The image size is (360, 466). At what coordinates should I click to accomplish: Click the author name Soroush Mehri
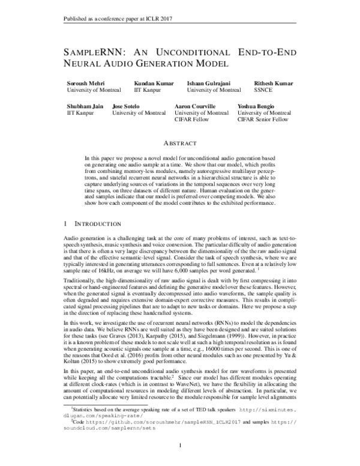85,83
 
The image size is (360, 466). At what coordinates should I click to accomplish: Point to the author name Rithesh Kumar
275,83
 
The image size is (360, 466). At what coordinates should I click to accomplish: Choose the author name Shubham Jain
84,106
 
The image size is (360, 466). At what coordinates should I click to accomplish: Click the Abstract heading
180,144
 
